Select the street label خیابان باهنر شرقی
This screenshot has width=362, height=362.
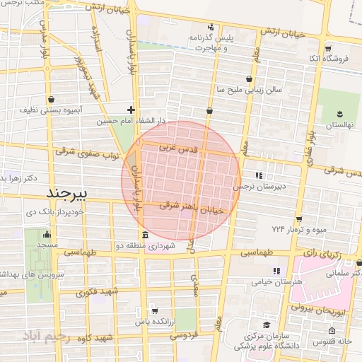click(192, 208)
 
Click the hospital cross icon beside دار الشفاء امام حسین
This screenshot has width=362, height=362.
click(131, 110)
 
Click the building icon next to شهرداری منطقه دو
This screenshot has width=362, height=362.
click(145, 235)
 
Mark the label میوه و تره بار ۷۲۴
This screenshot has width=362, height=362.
click(296, 229)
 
